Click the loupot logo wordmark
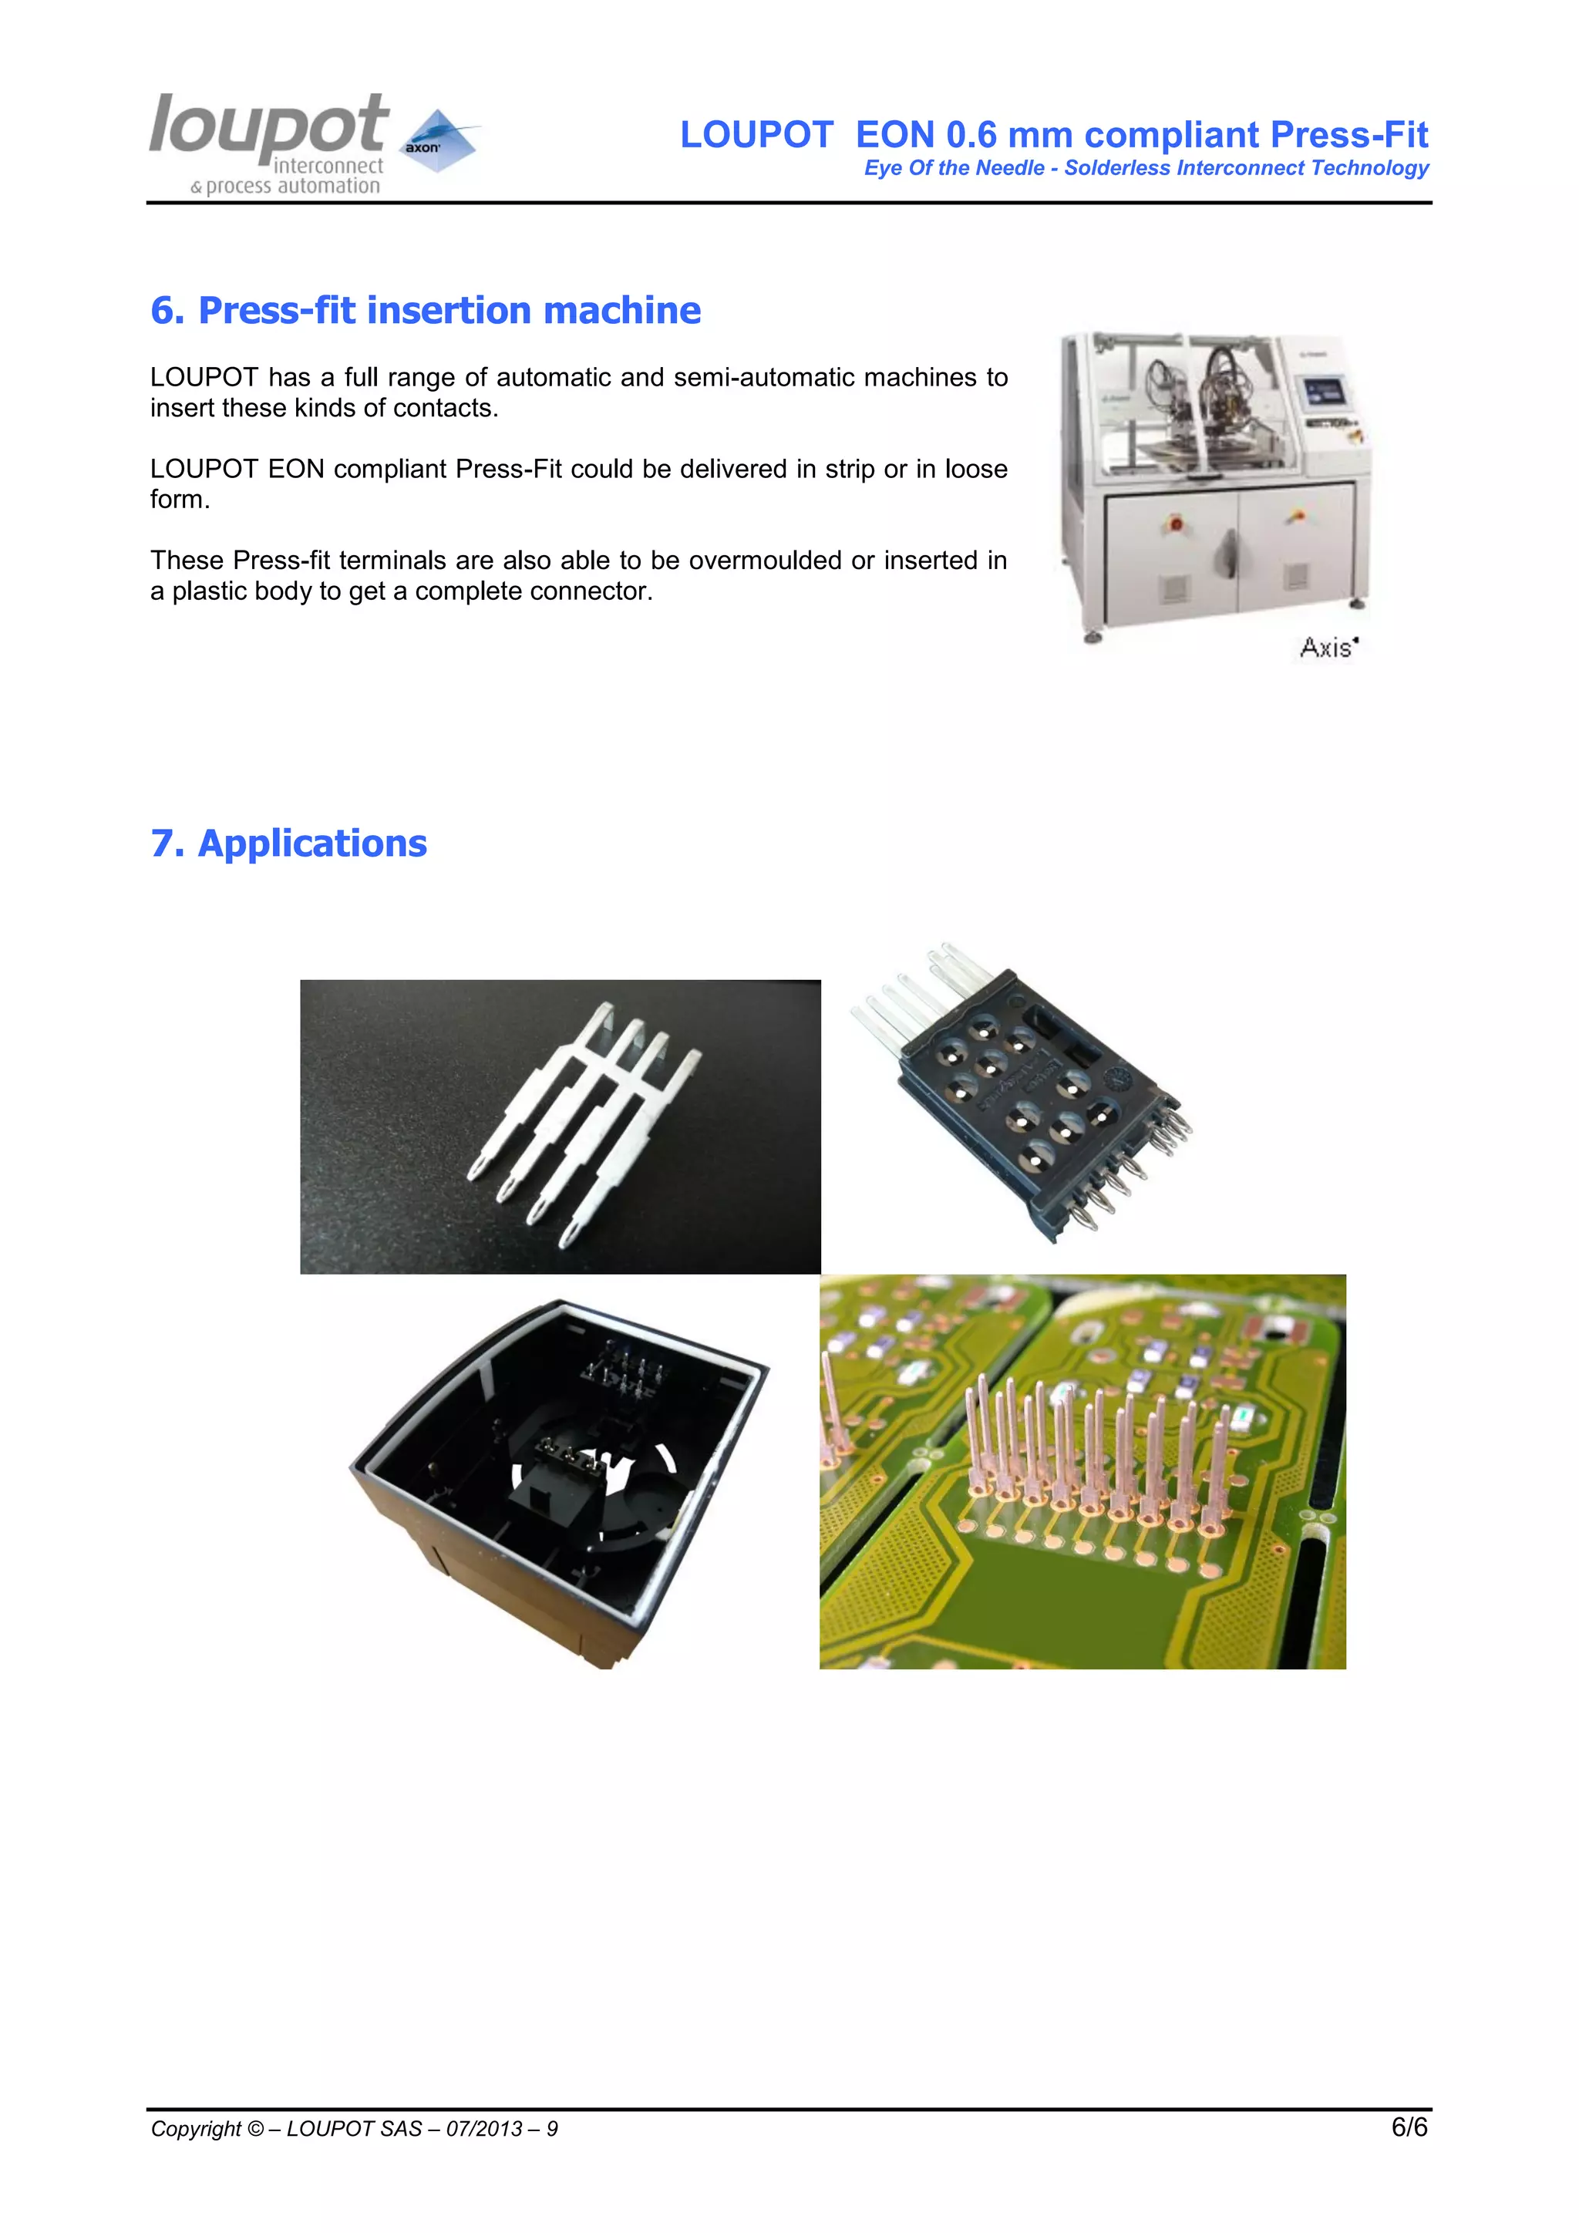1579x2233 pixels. click(x=268, y=126)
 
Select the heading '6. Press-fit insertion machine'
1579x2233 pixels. click(x=425, y=310)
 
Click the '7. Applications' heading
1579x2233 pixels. click(x=289, y=844)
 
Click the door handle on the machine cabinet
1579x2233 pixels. click(x=1228, y=555)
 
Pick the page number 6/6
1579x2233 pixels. click(x=1409, y=2127)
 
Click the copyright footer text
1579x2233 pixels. click(x=354, y=2129)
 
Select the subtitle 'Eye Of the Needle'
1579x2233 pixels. click(x=953, y=168)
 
